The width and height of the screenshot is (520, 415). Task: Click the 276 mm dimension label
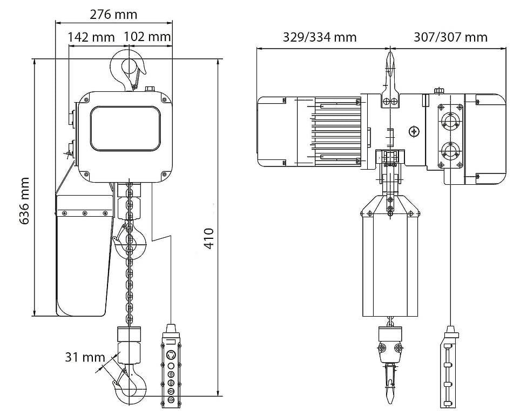[113, 15]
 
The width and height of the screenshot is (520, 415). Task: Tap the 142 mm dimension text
[91, 37]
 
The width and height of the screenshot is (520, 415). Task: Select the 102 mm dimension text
[147, 36]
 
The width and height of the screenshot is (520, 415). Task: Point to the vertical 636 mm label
[25, 201]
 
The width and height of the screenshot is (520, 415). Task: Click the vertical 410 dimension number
[209, 238]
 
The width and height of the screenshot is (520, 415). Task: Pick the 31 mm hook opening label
[85, 357]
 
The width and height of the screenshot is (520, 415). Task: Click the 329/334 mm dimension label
[320, 37]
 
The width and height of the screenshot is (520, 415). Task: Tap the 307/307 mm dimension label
[451, 37]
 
